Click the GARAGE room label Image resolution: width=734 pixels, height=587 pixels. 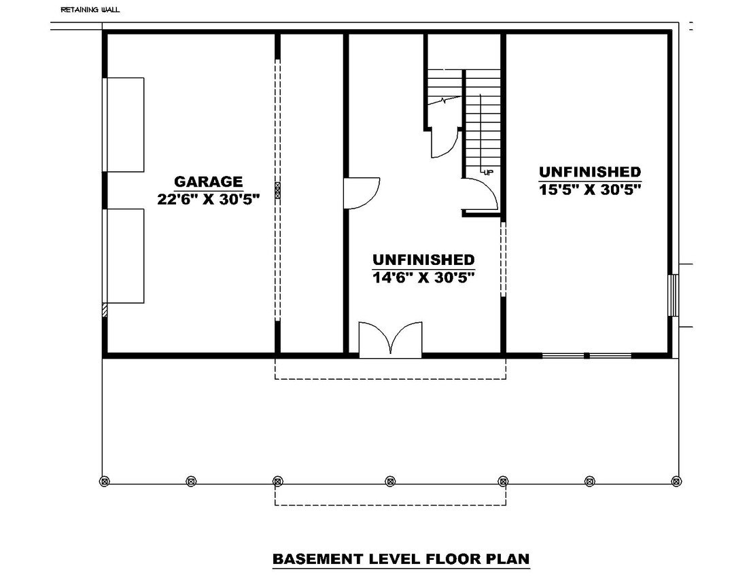(x=208, y=181)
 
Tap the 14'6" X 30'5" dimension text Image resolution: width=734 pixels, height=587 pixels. (x=423, y=277)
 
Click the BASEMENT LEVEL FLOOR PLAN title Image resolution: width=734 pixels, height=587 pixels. (x=401, y=559)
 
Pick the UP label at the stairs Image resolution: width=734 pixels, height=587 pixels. (x=488, y=173)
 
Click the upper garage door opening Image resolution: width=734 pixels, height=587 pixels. (x=124, y=124)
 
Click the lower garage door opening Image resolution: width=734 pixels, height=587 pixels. (x=124, y=255)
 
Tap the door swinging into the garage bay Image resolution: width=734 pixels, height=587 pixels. (x=360, y=193)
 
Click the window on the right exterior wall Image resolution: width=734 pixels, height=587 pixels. (x=673, y=295)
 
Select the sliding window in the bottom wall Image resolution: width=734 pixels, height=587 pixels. (x=587, y=355)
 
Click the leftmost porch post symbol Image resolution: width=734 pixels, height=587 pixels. (x=105, y=481)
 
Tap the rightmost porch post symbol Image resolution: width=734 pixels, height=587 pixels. (x=676, y=481)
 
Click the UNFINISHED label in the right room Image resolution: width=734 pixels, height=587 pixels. (x=590, y=172)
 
